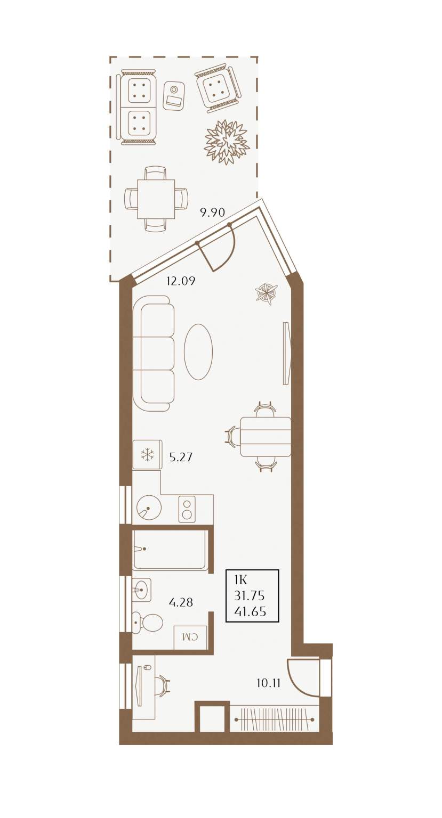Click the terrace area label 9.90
pos(212,212)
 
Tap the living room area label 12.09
pos(181,281)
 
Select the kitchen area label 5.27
pos(181,457)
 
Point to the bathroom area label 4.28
pos(181,602)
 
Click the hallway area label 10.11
pos(268,683)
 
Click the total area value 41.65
pos(251,611)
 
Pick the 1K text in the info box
pos(242,579)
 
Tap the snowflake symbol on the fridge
pos(147,455)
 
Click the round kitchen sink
pos(149,507)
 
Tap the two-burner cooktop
pos(187,509)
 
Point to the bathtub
pos(171,549)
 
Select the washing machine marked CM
pos(190,637)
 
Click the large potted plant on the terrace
pos(227,142)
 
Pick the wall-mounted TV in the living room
pos(287,353)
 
